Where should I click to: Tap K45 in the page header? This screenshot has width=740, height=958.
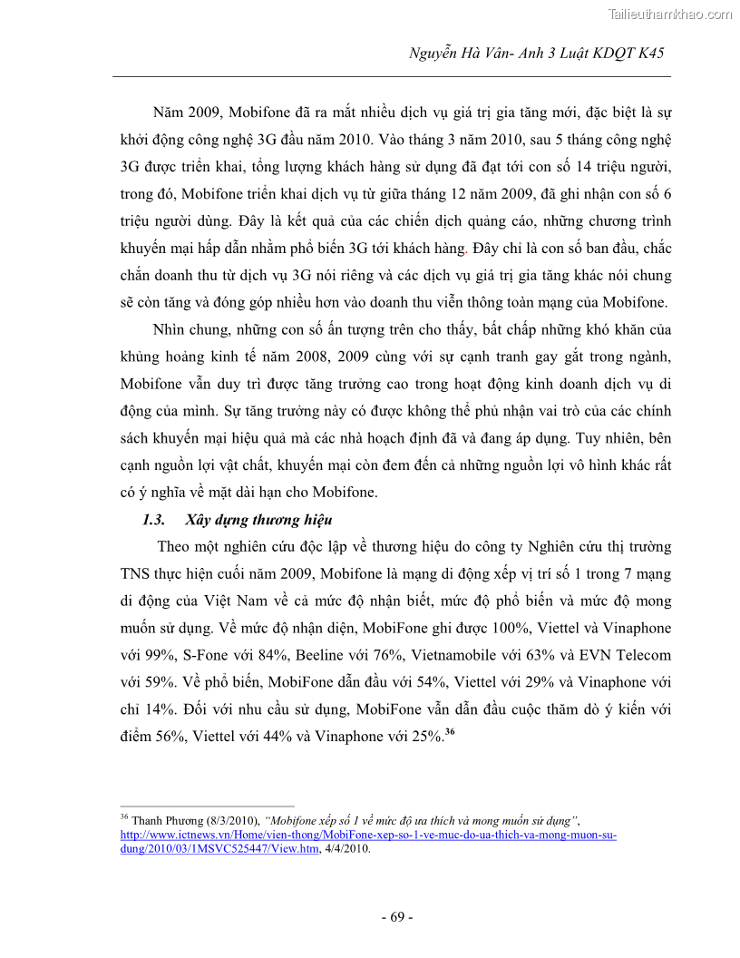648,54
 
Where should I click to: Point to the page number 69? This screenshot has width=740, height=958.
396,917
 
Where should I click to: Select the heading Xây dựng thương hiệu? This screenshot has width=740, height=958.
258,520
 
